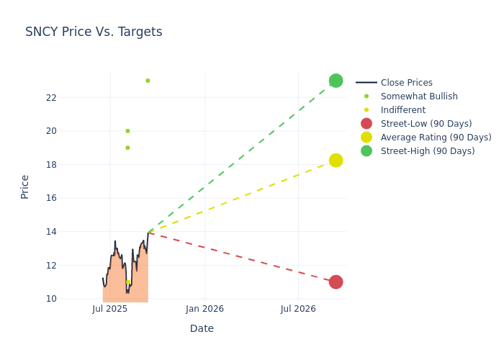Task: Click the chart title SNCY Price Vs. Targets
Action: coord(94,32)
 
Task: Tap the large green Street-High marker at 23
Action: coord(336,81)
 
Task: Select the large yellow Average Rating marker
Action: coord(336,160)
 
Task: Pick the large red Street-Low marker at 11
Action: coord(336,282)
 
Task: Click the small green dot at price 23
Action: coord(148,81)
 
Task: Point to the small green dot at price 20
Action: coord(127,131)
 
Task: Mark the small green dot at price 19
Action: coord(127,148)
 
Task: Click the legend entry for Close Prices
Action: coord(406,83)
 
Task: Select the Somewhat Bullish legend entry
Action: coord(418,96)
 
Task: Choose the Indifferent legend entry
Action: coord(402,110)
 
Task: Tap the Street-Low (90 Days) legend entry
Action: coord(426,124)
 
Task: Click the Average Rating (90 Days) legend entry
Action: coord(436,138)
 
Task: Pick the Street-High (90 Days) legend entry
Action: coord(428,151)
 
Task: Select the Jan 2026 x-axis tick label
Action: coord(204,309)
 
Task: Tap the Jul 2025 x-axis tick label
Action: coord(110,309)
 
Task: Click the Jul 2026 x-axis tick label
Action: coord(298,309)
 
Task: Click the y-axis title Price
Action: coord(25,186)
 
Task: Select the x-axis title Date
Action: coord(202,328)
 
